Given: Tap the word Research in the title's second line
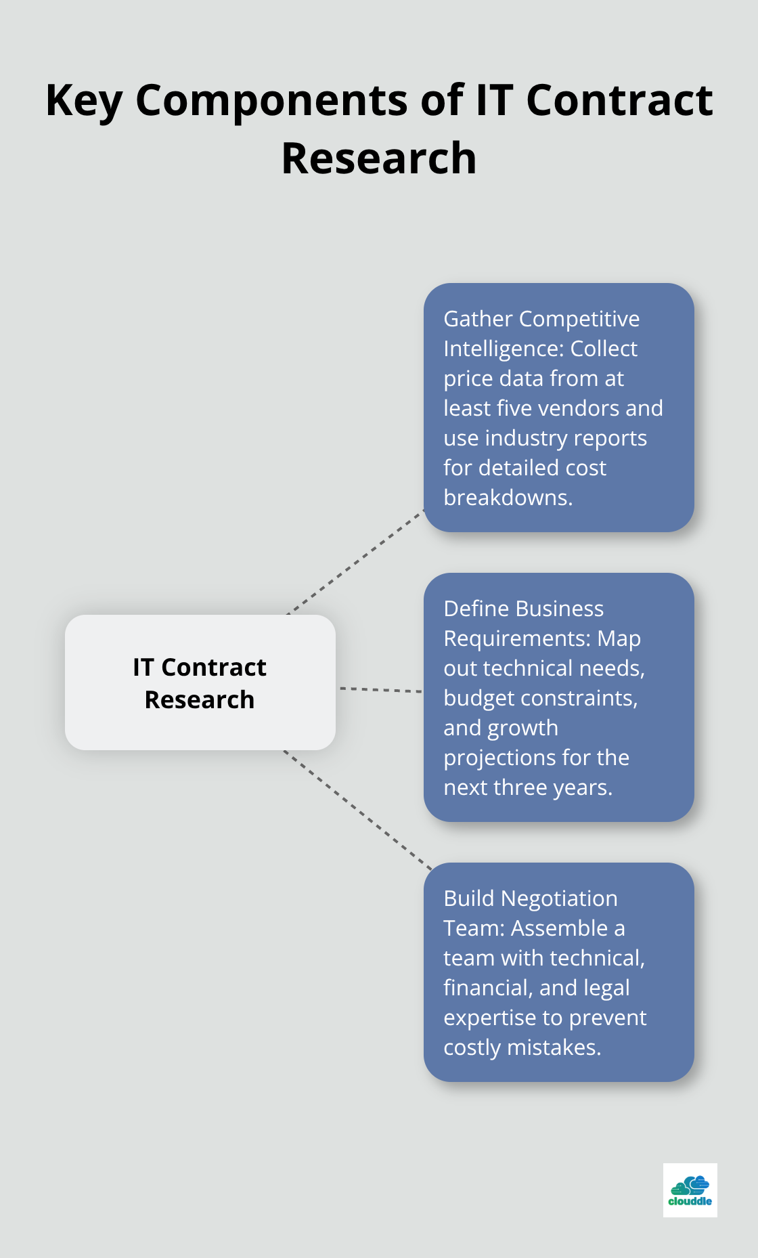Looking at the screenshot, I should point(378,158).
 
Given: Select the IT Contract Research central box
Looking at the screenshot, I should point(200,682).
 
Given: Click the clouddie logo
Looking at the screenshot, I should point(690,1190).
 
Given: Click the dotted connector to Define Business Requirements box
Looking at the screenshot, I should point(380,689).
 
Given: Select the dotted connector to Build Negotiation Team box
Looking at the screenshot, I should point(359,810).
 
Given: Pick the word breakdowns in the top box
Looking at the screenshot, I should point(508,498).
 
